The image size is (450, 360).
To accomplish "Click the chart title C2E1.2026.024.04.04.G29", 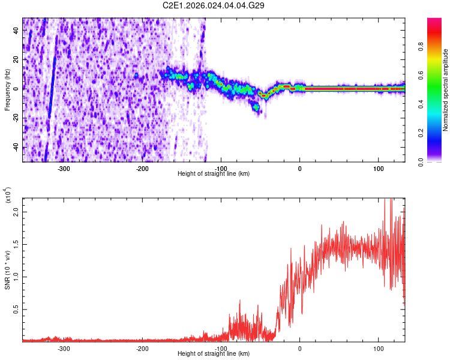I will pyautogui.click(x=214, y=5).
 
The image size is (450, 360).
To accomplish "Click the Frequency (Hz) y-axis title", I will pyautogui.click(x=7, y=90).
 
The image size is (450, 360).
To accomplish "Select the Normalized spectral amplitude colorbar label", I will pyautogui.click(x=445, y=90).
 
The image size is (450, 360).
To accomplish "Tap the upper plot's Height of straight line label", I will pyautogui.click(x=214, y=173).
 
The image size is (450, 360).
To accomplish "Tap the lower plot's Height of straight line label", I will pyautogui.click(x=214, y=354).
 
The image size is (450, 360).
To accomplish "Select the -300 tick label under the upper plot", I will pyautogui.click(x=64, y=168).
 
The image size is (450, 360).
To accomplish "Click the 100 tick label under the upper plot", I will pyautogui.click(x=378, y=168).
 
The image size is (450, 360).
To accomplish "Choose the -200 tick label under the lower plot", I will pyautogui.click(x=142, y=348).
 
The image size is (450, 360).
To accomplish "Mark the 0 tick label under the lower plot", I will pyautogui.click(x=299, y=348).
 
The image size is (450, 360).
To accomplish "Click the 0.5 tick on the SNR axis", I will pyautogui.click(x=16, y=309).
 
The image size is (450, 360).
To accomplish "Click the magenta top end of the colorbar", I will pyautogui.click(x=434, y=22).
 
